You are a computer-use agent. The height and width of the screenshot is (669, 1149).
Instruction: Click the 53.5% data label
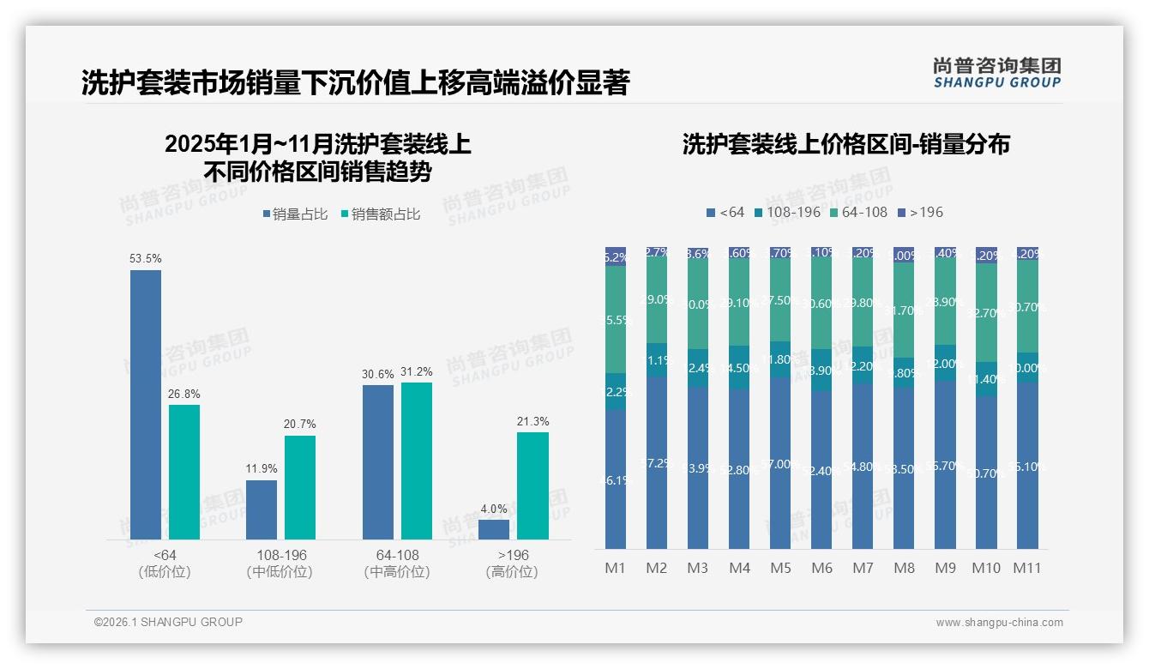pyautogui.click(x=146, y=258)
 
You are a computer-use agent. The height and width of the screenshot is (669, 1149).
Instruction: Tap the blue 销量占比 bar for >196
pyautogui.click(x=494, y=529)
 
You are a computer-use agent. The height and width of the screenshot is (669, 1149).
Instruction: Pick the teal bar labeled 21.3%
pyautogui.click(x=532, y=485)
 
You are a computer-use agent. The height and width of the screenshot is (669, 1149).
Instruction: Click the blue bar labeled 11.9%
pyautogui.click(x=262, y=509)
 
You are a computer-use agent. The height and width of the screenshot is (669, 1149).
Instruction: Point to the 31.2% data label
pyautogui.click(x=417, y=371)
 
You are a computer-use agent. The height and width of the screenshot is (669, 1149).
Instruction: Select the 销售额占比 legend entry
pyautogui.click(x=381, y=214)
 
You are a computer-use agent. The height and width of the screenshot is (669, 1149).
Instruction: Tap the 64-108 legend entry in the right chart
pyautogui.click(x=859, y=212)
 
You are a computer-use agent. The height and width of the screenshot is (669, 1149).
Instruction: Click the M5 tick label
pyautogui.click(x=780, y=568)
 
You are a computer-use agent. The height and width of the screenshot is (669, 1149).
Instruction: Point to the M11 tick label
pyautogui.click(x=1027, y=568)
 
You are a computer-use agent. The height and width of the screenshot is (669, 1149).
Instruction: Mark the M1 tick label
pyautogui.click(x=616, y=568)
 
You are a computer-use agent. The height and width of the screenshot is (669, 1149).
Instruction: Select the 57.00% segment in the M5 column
pyautogui.click(x=780, y=463)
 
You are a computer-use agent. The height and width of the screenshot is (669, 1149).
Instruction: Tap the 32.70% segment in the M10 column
pyautogui.click(x=986, y=313)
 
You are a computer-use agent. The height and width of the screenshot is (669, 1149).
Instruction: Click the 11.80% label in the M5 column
pyautogui.click(x=780, y=359)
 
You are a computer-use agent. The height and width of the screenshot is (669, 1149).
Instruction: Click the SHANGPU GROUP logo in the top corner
pyautogui.click(x=996, y=73)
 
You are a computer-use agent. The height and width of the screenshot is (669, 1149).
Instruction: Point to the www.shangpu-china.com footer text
pyautogui.click(x=999, y=623)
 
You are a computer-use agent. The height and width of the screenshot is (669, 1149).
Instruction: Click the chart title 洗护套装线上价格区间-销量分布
pyautogui.click(x=845, y=144)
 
